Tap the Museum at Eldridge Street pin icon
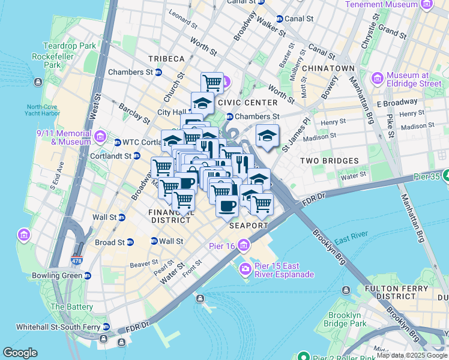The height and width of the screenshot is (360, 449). tap(378, 79)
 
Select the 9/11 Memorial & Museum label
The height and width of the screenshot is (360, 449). tap(62, 137)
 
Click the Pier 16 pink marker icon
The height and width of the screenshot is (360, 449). tap(243, 245)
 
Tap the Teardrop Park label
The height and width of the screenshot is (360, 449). tap(70, 46)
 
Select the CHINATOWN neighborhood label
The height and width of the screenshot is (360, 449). tap(328, 68)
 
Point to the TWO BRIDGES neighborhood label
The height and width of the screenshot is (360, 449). tap(330, 161)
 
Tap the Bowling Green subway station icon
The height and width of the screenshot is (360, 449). tap(88, 276)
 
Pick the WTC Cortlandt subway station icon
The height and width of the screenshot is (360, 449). tap(118, 142)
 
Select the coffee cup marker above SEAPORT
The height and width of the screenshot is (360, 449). tap(227, 205)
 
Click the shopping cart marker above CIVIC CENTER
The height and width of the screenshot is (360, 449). tap(212, 82)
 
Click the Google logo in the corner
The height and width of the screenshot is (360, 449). tap(20, 353)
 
